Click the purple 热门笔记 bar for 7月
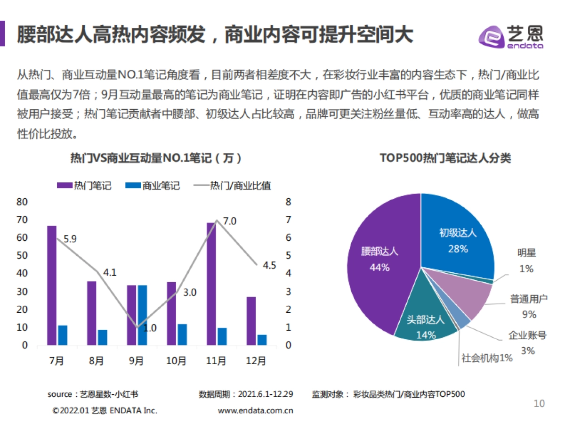pyautogui.click(x=52, y=285)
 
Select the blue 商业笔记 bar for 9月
pyautogui.click(x=143, y=315)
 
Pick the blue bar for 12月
pyautogui.click(x=262, y=340)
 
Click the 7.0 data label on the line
pyautogui.click(x=229, y=221)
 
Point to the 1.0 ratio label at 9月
pyautogui.click(x=150, y=328)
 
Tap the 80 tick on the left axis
pyautogui.click(x=22, y=202)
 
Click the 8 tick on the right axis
pyautogui.click(x=289, y=202)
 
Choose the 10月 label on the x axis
pyautogui.click(x=176, y=361)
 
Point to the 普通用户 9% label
pyautogui.click(x=529, y=306)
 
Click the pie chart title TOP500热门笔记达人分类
pyautogui.click(x=445, y=158)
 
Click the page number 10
pyautogui.click(x=539, y=403)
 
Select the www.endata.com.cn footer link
pyautogui.click(x=256, y=410)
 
